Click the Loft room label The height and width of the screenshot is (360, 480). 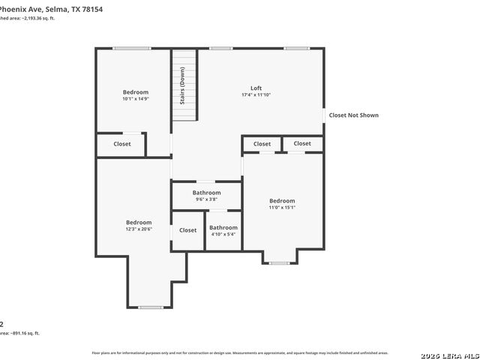point(256,88)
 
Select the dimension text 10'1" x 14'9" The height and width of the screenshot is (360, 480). point(136,99)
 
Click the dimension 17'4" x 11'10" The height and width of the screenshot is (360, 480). point(256,95)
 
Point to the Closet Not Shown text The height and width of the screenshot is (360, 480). point(353,115)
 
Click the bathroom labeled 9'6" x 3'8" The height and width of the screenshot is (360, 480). point(206,196)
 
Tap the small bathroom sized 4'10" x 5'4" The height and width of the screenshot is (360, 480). point(223,231)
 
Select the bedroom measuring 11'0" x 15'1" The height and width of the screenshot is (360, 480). point(282,204)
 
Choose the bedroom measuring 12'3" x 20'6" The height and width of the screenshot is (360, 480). point(139,226)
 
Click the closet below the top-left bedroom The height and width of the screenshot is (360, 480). point(121,144)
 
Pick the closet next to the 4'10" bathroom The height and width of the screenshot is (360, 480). point(187,230)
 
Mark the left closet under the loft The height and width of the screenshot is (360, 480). point(262,144)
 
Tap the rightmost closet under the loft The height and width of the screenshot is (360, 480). point(302,144)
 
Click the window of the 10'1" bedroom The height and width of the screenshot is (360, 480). point(131,49)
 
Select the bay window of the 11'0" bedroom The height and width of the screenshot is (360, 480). point(280,263)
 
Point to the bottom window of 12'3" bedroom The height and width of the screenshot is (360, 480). point(151,307)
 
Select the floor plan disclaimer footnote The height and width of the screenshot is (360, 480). point(240,352)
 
